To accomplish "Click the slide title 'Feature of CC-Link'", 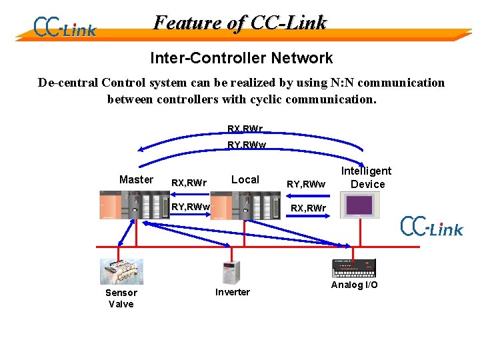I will [240, 23].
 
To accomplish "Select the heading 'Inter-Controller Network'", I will [241, 58].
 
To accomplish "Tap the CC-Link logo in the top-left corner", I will [65, 27].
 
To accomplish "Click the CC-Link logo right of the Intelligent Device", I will [431, 227].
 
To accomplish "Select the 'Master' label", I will [136, 179].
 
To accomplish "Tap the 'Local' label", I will [245, 179].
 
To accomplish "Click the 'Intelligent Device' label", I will [367, 177].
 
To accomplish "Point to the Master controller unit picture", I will [134, 205].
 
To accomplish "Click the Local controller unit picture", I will [245, 205].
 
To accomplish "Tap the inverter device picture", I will [231, 271].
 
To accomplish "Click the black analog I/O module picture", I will [354, 267].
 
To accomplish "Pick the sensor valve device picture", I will [121, 271].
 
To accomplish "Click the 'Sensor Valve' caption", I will [121, 298].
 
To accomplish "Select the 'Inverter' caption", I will [233, 292].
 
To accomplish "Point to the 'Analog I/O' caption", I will [355, 285].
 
